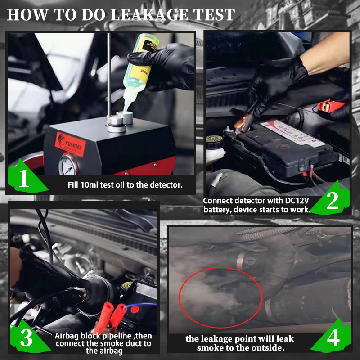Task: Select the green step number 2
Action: coord(333,201)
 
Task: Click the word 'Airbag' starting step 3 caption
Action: coord(69,335)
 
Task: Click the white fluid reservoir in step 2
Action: coord(215,155)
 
